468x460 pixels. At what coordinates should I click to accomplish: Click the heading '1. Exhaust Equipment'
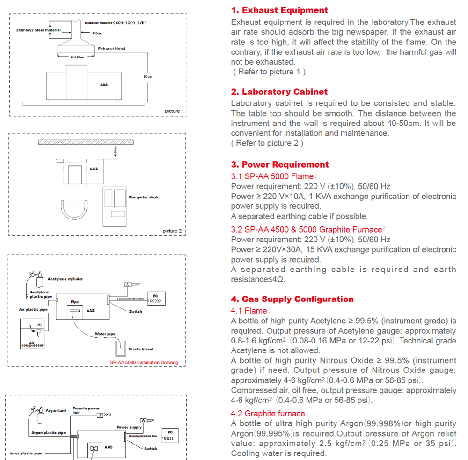click(x=279, y=10)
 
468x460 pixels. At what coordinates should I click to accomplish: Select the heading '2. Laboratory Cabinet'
click(x=279, y=92)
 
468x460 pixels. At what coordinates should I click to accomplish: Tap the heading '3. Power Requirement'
click(x=280, y=165)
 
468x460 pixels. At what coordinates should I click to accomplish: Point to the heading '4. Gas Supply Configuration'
click(x=292, y=299)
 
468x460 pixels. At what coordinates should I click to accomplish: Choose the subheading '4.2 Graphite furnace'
click(x=268, y=414)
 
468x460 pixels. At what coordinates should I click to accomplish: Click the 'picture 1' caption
click(x=175, y=111)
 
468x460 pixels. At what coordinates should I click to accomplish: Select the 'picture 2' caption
click(x=172, y=231)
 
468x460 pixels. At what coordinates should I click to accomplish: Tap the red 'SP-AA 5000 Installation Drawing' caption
click(x=144, y=362)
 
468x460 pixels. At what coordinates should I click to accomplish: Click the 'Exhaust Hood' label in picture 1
click(x=111, y=49)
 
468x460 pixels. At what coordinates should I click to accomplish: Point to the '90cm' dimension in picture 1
click(x=147, y=76)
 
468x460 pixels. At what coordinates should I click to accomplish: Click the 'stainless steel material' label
click(x=38, y=30)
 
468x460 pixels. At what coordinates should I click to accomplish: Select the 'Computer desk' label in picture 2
click(x=144, y=197)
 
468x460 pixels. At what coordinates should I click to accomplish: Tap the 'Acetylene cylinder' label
click(x=65, y=279)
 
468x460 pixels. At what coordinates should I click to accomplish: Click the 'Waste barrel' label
click(x=141, y=349)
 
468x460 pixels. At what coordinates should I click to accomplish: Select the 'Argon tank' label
click(x=56, y=411)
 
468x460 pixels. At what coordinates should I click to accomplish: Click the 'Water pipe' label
click(x=105, y=334)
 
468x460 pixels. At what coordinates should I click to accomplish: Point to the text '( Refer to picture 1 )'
click(x=269, y=72)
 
